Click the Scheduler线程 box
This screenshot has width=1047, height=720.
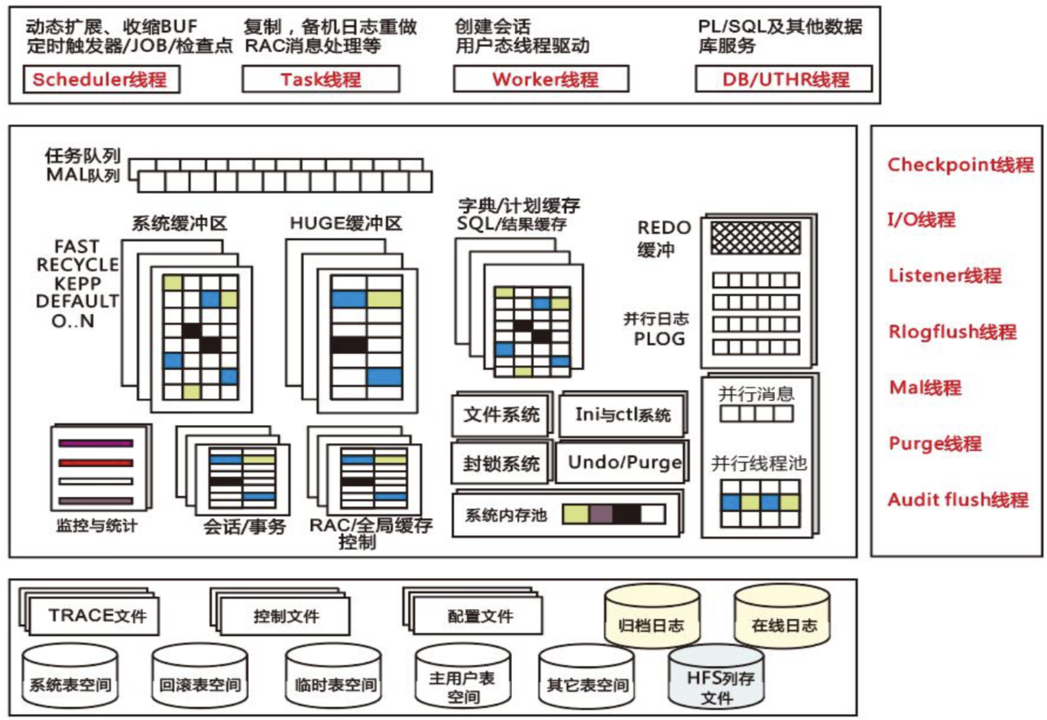pyautogui.click(x=101, y=79)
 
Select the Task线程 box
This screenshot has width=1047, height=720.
pyautogui.click(x=320, y=79)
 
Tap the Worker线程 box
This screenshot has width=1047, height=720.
pyautogui.click(x=541, y=79)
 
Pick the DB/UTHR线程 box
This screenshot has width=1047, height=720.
pyautogui.click(x=783, y=79)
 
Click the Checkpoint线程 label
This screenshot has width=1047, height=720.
pyautogui.click(x=960, y=165)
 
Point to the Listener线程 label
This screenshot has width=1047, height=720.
pyautogui.click(x=945, y=276)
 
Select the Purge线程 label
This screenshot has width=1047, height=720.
pyautogui.click(x=935, y=444)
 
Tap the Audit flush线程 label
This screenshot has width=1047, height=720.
pyautogui.click(x=958, y=500)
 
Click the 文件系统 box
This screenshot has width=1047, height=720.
pyautogui.click(x=501, y=415)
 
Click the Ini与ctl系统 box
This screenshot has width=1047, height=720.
pyautogui.click(x=622, y=415)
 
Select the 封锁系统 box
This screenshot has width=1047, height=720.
pyautogui.click(x=501, y=463)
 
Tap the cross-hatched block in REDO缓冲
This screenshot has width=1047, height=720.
pyautogui.click(x=755, y=238)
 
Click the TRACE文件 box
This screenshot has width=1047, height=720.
pyautogui.click(x=96, y=616)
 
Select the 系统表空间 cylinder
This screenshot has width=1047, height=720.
pyautogui.click(x=70, y=680)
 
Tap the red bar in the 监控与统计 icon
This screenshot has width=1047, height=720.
pyautogui.click(x=96, y=462)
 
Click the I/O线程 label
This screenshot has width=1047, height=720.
pyautogui.click(x=921, y=220)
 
